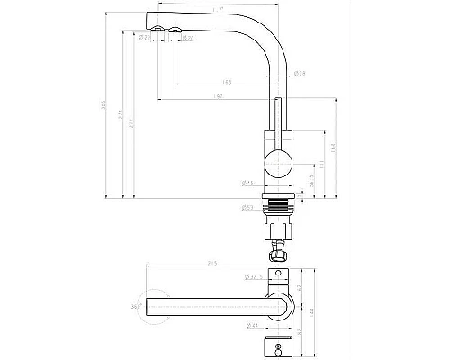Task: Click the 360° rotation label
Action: (137, 309)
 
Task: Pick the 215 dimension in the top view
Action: (212, 264)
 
